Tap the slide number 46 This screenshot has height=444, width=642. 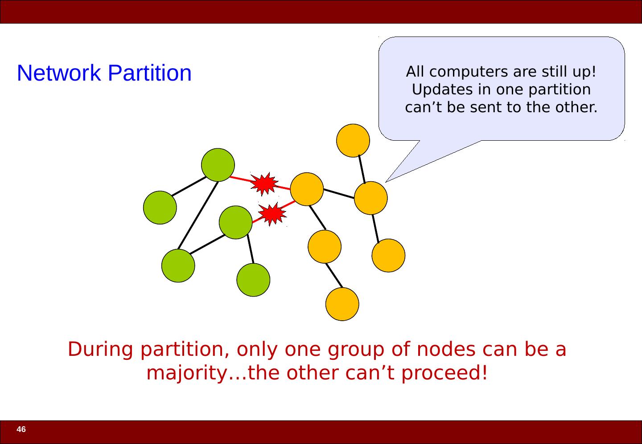[x=21, y=430]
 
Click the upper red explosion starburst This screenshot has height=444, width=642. [x=264, y=183]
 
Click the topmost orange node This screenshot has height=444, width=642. [x=353, y=140]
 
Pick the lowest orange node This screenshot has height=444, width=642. [x=342, y=304]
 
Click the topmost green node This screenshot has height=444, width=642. [x=218, y=165]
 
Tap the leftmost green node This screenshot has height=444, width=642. [x=160, y=208]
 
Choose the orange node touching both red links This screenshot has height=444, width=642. [x=307, y=189]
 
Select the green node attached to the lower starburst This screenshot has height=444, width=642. [x=236, y=222]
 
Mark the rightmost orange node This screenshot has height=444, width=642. [x=388, y=255]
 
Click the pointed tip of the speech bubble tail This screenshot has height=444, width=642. [x=386, y=181]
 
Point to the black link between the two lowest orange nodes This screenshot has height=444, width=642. [x=334, y=275]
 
